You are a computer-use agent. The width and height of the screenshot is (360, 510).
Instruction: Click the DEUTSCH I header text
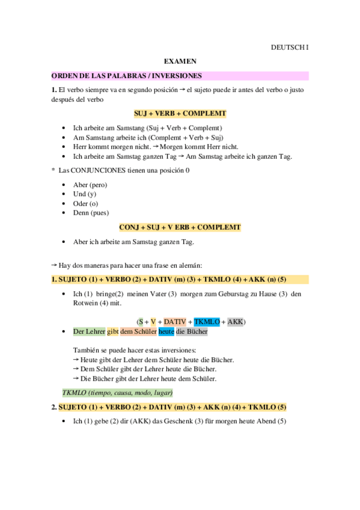tap(289, 46)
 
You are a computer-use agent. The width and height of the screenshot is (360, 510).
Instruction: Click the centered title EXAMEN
tap(180, 61)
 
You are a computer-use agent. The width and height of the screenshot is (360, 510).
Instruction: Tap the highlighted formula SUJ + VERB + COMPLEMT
tap(180, 113)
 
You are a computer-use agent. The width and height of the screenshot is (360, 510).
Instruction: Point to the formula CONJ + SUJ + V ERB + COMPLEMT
tap(180, 227)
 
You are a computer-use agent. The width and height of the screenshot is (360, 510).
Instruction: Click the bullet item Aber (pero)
tap(90, 185)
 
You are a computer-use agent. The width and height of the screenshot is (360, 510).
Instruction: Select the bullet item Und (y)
tap(84, 194)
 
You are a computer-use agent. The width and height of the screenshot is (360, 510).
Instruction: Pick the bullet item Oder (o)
tap(85, 203)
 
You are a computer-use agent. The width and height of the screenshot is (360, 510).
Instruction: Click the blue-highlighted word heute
tap(166, 331)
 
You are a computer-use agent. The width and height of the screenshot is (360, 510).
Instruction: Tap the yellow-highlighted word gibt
tap(113, 331)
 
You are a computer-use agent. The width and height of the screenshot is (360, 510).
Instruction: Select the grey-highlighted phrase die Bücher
tap(192, 331)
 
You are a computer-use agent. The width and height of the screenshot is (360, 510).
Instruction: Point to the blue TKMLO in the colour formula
tap(207, 322)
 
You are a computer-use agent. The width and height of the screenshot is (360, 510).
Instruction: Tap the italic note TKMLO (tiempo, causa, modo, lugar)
tap(117, 392)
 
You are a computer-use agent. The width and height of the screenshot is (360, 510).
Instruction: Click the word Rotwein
tap(87, 303)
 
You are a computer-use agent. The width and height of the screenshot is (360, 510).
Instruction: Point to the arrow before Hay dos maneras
tap(54, 265)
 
